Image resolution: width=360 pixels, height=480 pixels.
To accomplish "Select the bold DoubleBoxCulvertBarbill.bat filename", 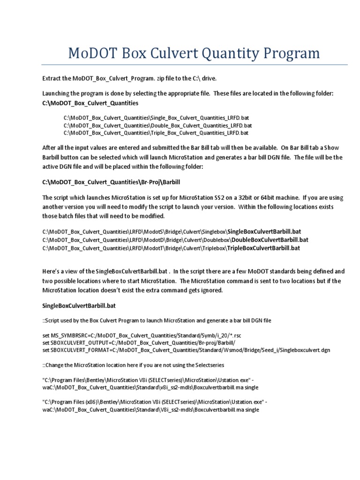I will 270,240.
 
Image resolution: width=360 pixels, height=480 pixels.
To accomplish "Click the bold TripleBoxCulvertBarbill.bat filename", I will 263,248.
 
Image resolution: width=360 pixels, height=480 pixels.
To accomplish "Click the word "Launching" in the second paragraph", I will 56,94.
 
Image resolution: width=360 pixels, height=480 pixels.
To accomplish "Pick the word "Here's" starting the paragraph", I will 51,271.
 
